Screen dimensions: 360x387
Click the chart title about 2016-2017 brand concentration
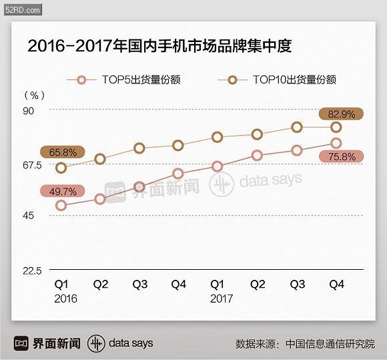tap(159, 46)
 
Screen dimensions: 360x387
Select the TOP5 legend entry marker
tap(82, 80)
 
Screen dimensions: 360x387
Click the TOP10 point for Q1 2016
tap(61, 168)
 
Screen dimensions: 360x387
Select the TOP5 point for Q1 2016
tap(61, 206)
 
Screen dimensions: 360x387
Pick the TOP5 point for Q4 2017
tap(336, 143)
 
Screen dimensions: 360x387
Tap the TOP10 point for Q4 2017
tap(336, 127)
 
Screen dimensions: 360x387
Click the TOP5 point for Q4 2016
tap(178, 174)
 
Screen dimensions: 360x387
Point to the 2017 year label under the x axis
tap(222, 299)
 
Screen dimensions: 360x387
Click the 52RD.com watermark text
tap(21, 9)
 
